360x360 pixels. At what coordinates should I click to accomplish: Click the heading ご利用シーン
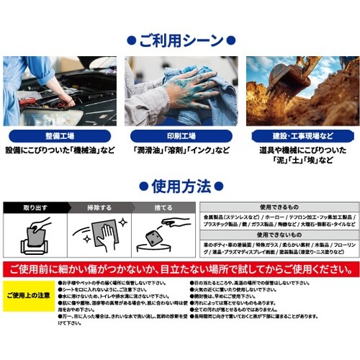click(x=180, y=38)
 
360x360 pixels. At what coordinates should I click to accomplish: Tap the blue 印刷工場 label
click(x=180, y=135)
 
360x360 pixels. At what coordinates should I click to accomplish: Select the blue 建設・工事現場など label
click(x=300, y=135)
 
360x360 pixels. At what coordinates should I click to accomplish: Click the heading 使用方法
click(x=180, y=187)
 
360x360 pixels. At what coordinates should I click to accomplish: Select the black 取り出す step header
click(x=35, y=207)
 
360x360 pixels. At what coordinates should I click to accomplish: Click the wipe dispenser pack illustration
click(x=35, y=239)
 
